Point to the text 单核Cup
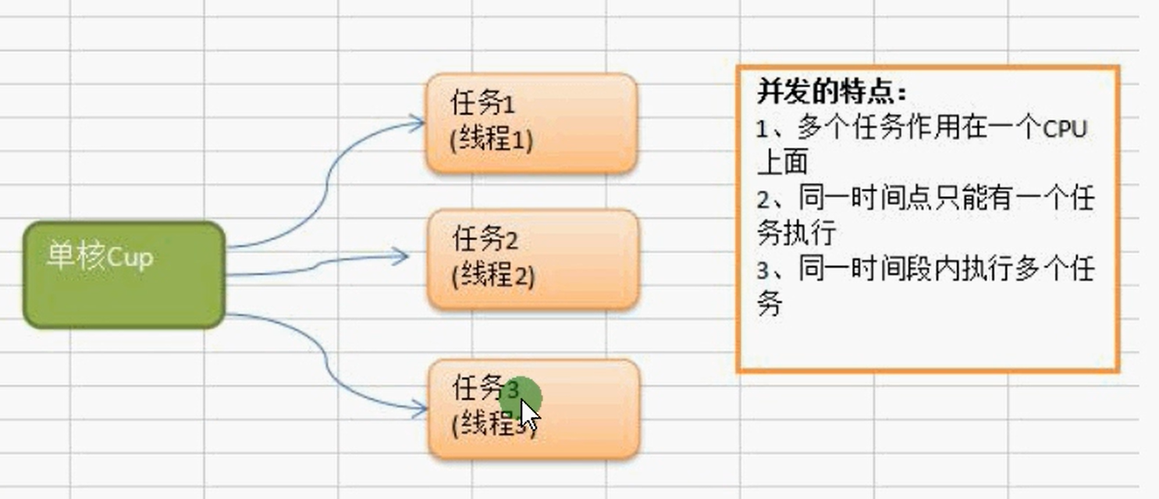[x=99, y=257]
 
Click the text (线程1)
[x=492, y=140]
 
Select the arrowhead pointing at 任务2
[x=401, y=255]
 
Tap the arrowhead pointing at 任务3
[x=420, y=407]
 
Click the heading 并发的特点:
[x=832, y=92]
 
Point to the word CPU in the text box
[x=1065, y=128]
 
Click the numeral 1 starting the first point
[x=763, y=129]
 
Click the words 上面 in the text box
[x=782, y=162]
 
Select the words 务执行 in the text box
[x=796, y=233]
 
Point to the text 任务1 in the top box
[x=483, y=103]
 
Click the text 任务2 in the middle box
[x=485, y=239]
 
